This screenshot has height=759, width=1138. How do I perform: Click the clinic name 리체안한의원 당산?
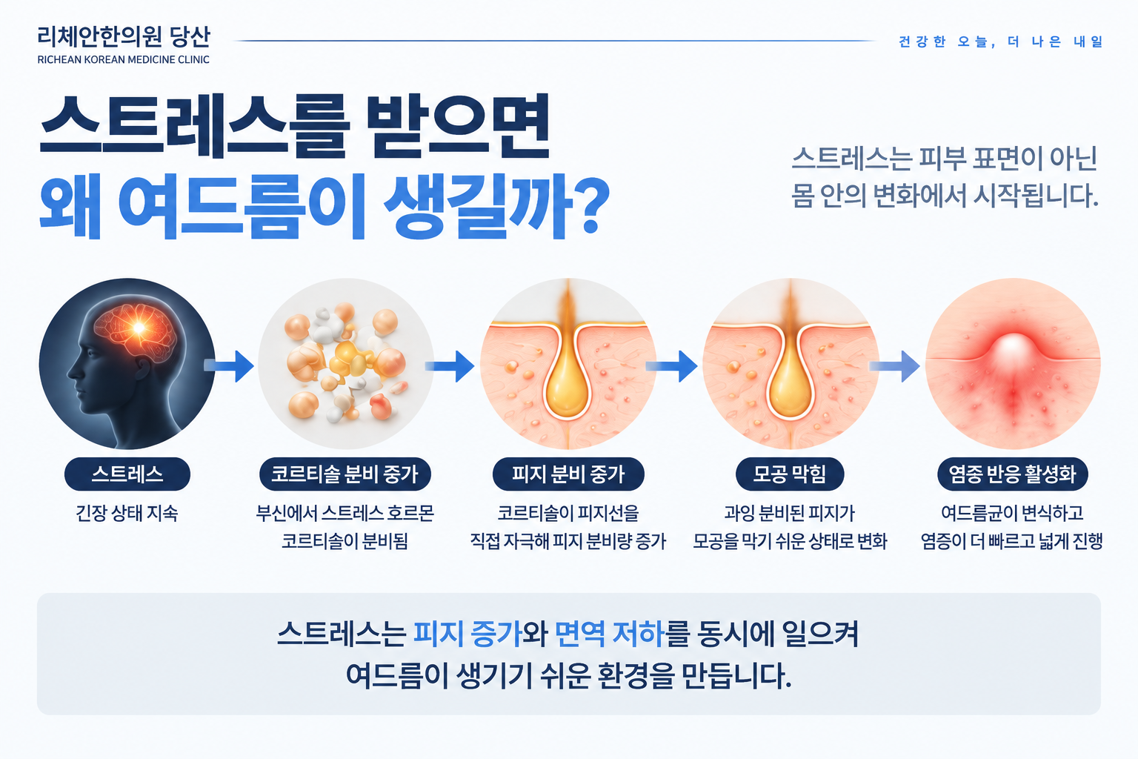tap(124, 36)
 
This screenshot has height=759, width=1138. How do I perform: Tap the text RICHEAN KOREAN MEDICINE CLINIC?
tap(124, 59)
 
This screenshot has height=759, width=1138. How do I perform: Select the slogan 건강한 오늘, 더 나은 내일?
tap(1001, 42)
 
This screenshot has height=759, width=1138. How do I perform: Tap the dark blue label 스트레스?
tap(127, 474)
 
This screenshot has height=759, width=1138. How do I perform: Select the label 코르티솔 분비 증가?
tap(345, 474)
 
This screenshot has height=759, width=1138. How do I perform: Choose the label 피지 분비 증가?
tap(568, 474)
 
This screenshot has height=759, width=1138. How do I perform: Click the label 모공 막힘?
tap(790, 474)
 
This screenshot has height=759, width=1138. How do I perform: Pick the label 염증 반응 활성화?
tap(1013, 474)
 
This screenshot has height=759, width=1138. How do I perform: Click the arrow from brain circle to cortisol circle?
tap(229, 365)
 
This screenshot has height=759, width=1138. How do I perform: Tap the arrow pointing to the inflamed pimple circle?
tap(895, 365)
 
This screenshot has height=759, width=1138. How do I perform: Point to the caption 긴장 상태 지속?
tap(127, 513)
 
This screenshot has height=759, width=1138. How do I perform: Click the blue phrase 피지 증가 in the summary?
tap(468, 634)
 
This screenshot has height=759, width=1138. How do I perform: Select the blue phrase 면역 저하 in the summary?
tap(610, 634)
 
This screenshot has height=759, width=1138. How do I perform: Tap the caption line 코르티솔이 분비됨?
tap(345, 541)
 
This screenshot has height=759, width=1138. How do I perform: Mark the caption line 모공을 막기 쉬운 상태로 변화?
tap(790, 541)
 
